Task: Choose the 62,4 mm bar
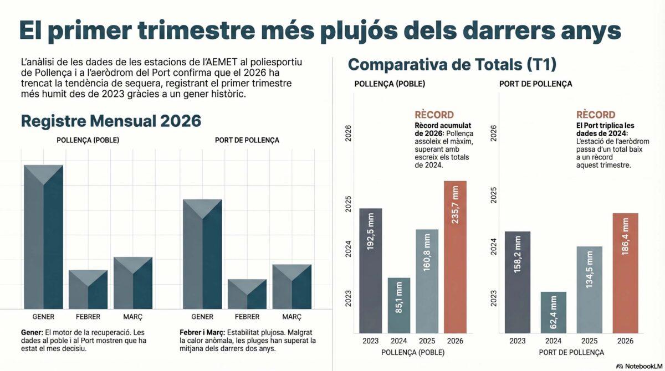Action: [553, 312]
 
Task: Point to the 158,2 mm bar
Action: [517, 281]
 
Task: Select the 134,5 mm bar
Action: [589, 289]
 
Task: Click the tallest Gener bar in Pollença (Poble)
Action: [43, 237]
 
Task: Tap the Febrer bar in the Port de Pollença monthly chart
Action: [247, 294]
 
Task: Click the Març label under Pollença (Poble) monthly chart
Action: [133, 317]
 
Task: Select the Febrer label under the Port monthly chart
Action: [247, 317]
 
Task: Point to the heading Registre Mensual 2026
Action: [110, 121]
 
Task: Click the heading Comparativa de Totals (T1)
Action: [452, 64]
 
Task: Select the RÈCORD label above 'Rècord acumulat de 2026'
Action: [434, 115]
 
